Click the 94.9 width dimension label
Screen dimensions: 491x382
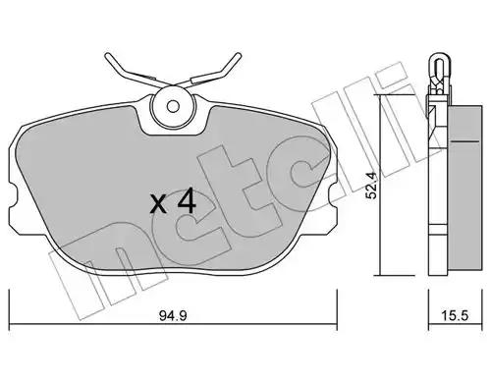[173, 316]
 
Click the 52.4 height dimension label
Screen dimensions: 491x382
[372, 187]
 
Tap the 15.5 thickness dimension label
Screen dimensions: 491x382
[455, 316]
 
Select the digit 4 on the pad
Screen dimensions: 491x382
[187, 202]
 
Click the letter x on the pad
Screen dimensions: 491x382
[158, 205]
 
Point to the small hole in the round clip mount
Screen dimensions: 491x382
[173, 106]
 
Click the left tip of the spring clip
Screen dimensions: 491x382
[107, 55]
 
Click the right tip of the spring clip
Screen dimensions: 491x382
[239, 55]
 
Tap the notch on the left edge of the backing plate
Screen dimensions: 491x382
[13, 196]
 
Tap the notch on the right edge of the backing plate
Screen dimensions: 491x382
[332, 196]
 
